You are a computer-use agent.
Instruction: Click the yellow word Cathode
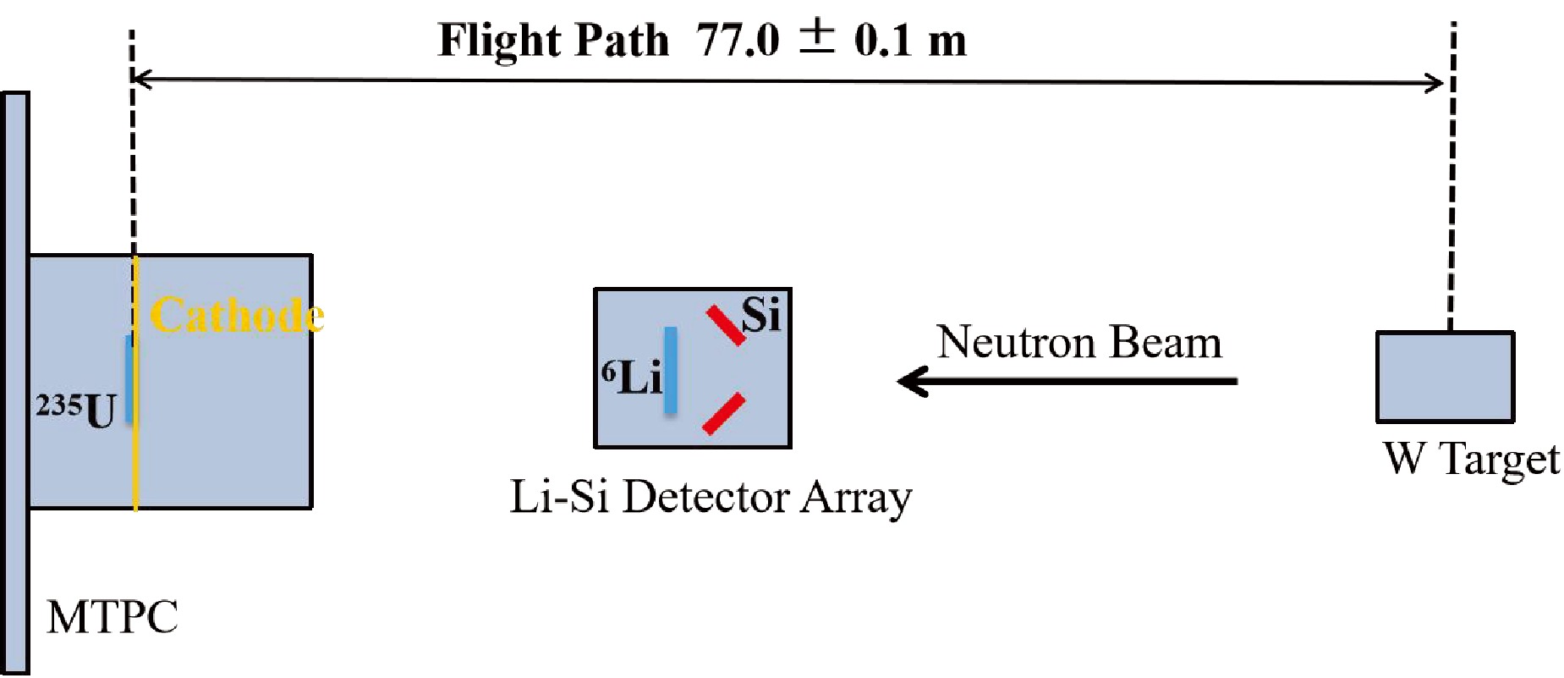tap(237, 316)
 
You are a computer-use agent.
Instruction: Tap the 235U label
tap(76, 410)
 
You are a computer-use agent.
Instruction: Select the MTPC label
tap(112, 616)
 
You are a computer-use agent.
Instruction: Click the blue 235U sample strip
tap(129, 378)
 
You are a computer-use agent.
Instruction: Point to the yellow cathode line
tap(135, 457)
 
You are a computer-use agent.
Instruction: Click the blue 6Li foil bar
tap(671, 370)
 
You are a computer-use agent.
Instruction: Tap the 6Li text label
tap(631, 377)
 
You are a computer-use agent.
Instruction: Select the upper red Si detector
tap(726, 326)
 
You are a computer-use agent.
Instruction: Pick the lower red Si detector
tap(724, 414)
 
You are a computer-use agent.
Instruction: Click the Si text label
tap(760, 315)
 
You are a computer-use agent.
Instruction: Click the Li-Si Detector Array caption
tap(711, 497)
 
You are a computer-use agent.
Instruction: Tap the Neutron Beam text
tap(1079, 343)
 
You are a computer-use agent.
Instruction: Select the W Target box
tap(1445, 377)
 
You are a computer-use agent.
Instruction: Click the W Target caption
tap(1471, 460)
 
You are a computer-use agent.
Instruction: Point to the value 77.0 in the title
tap(737, 40)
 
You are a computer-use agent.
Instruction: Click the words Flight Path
tap(552, 40)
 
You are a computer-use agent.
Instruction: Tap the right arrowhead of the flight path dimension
tap(1435, 83)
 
